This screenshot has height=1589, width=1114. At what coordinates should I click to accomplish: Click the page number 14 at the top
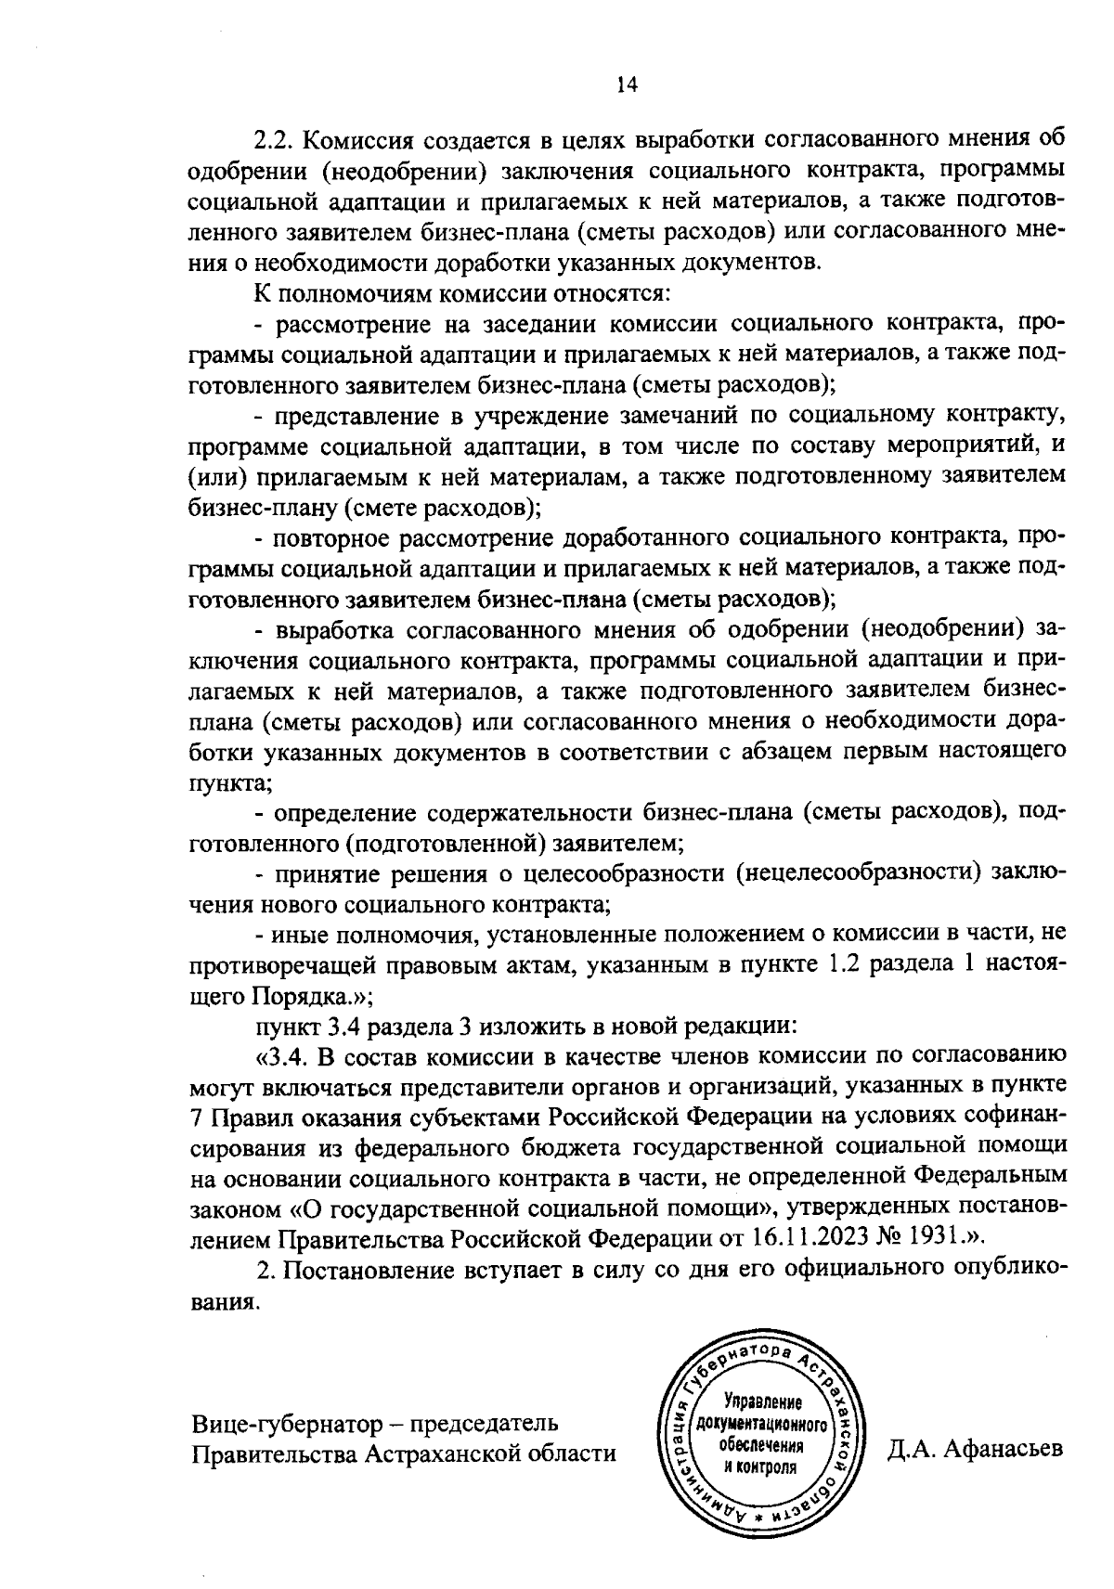tap(627, 84)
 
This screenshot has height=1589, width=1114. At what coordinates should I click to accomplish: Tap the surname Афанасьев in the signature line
tap(1003, 1450)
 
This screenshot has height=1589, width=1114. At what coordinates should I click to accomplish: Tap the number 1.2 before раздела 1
tap(841, 964)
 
